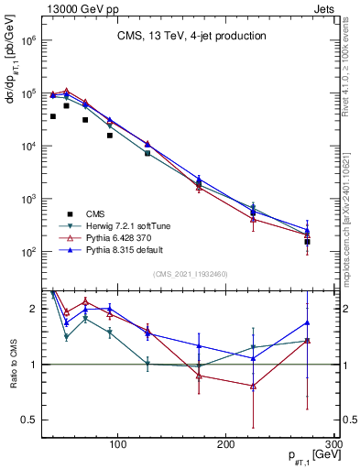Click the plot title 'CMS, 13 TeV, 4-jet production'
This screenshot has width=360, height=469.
191,36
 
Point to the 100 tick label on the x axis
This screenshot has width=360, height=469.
117,444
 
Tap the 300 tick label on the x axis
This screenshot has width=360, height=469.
333,444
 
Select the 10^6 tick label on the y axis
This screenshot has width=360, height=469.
29,41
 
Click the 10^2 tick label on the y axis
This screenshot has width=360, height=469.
29,251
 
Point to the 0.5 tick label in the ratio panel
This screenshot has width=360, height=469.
31,420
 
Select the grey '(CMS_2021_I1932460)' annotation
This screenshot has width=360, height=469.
191,274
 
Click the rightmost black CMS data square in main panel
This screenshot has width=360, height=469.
308,242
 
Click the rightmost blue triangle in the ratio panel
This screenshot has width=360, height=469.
308,322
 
